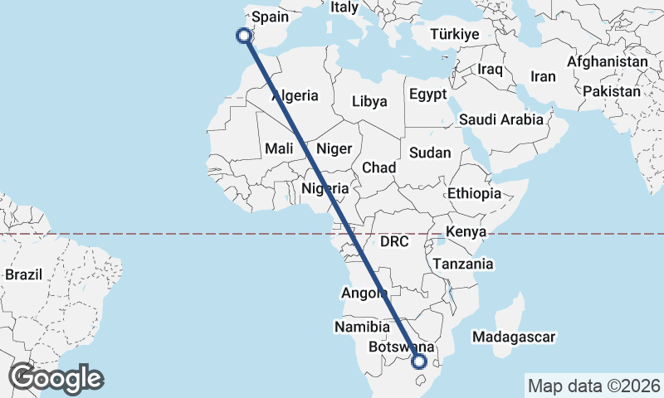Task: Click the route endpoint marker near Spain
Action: click(x=243, y=36)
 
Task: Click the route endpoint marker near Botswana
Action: click(x=419, y=361)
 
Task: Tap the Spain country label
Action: click(x=270, y=17)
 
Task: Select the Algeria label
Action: click(x=295, y=95)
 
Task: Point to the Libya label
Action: click(x=369, y=101)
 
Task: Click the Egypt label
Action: click(x=428, y=94)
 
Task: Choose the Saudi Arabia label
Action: click(x=500, y=119)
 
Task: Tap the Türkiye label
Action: click(x=455, y=34)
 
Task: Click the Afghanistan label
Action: click(x=608, y=61)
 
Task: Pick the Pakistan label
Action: click(x=612, y=91)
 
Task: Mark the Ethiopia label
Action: click(x=474, y=193)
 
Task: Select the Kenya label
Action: click(x=466, y=231)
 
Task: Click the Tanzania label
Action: click(x=462, y=264)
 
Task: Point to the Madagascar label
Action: click(x=513, y=337)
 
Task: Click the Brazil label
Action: click(x=23, y=274)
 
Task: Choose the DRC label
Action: click(x=394, y=242)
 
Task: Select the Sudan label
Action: click(x=430, y=153)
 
